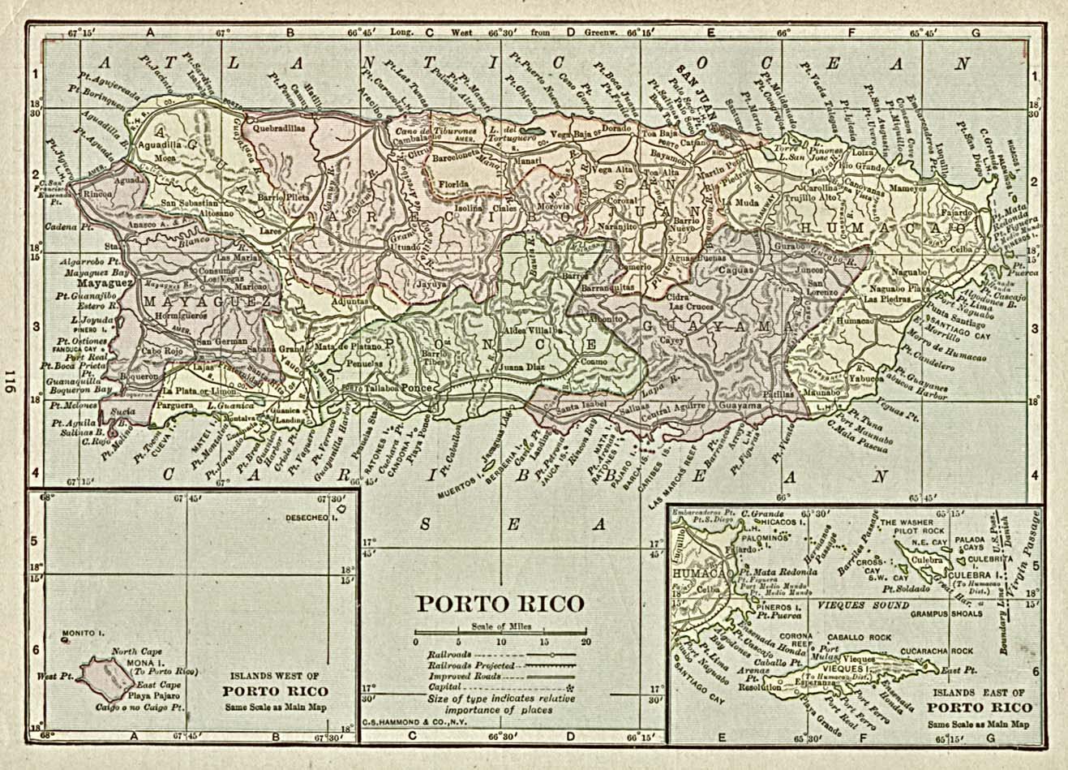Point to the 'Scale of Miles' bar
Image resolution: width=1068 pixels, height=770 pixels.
(x=500, y=632)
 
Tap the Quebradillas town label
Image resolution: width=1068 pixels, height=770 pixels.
(x=278, y=127)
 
